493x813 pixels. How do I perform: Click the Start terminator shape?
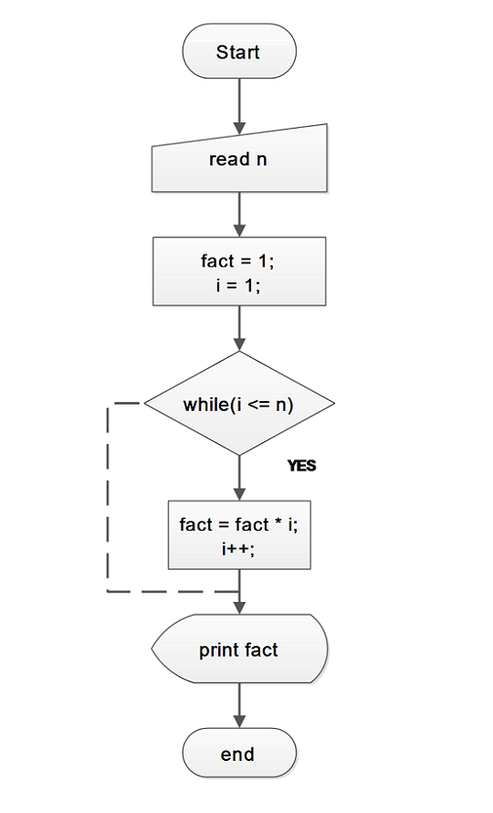coord(239,51)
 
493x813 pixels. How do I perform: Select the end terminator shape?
coord(239,753)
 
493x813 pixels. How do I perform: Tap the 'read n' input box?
coord(239,159)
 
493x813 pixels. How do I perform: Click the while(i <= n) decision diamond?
coord(239,404)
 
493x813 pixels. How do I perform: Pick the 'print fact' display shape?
coord(239,649)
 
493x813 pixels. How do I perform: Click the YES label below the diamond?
coord(301,466)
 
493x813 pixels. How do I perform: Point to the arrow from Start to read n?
coord(239,106)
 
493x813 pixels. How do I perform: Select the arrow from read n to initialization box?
coord(239,215)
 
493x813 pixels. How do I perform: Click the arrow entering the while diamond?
coord(239,328)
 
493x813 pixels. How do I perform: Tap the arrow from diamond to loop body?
coord(239,478)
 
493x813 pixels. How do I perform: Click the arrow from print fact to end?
coord(239,705)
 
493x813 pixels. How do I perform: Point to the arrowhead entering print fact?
coord(239,608)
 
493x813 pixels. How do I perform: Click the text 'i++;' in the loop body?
coord(238,549)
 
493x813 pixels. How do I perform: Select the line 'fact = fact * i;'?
coord(238,524)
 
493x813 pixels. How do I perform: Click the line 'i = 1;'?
coord(238,285)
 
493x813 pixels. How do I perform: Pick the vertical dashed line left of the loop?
coord(108,497)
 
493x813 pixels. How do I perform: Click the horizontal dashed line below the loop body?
coord(173,591)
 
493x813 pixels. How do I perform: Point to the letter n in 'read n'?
coord(261,160)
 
